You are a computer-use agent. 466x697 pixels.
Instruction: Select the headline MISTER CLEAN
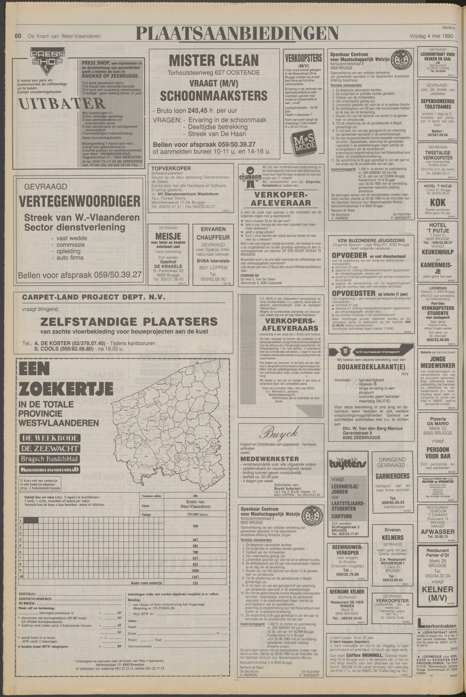click(214, 61)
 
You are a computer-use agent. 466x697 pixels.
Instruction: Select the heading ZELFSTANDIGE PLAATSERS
click(129, 322)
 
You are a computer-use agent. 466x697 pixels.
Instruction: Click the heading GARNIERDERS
click(392, 476)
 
